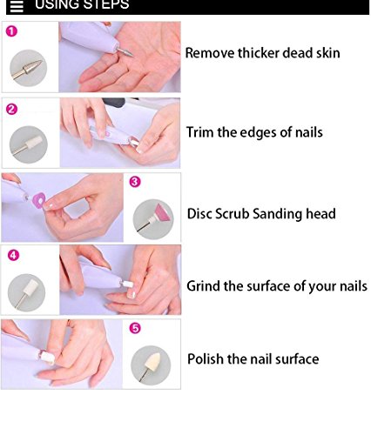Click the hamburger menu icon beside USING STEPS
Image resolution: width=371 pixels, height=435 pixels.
[16, 6]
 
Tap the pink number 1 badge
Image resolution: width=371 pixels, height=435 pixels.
[11, 32]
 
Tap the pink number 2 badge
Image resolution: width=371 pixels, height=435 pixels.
[11, 109]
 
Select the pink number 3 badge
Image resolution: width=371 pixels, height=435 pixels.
[135, 182]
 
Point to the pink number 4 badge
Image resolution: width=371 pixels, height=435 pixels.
[11, 256]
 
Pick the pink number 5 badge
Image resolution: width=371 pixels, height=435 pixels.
[135, 329]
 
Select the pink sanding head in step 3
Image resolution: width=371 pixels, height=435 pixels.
[156, 214]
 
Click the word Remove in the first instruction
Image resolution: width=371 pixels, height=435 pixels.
[211, 53]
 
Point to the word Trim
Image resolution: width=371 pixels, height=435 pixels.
[201, 132]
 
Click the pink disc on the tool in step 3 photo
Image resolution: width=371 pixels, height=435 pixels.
[39, 199]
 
